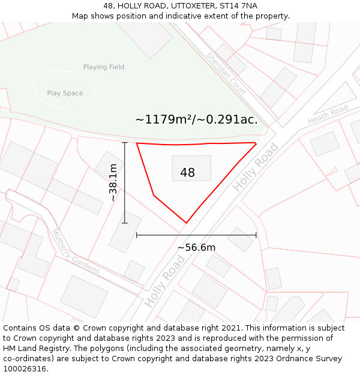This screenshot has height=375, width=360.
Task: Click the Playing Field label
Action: (104, 67)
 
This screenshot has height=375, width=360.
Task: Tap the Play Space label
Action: (65, 93)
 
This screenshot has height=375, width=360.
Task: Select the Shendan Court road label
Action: (226, 73)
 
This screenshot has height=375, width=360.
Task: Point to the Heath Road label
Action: (328, 115)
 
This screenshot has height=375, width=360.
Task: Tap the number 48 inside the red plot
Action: (187, 173)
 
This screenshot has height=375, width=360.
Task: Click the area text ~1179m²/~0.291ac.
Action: (196, 119)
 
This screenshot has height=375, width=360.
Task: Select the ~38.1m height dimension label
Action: (113, 182)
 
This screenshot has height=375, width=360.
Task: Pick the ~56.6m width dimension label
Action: (196, 247)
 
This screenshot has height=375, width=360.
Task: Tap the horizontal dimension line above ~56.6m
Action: (196, 235)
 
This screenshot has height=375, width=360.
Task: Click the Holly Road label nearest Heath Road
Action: (256, 167)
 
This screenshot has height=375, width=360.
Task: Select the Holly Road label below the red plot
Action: (164, 281)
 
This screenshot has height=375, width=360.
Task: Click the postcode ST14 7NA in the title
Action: (239, 5)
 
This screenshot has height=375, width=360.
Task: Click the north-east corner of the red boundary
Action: (256, 143)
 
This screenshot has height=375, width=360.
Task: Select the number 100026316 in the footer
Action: (25, 369)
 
